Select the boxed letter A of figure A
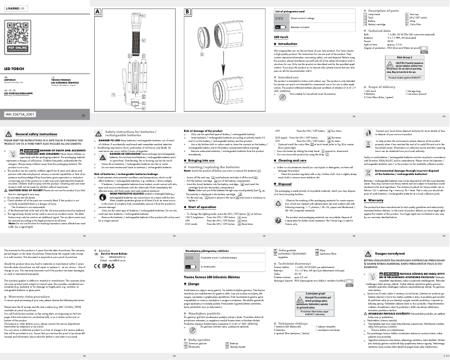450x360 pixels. click(x=98, y=11)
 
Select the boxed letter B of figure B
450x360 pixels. click(x=187, y=11)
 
